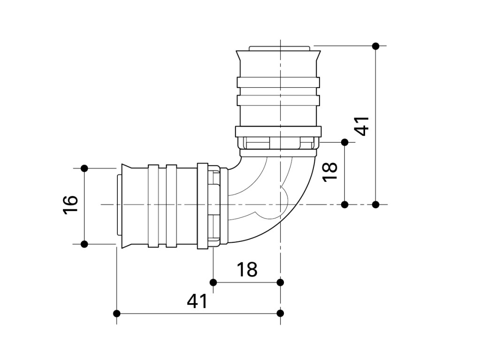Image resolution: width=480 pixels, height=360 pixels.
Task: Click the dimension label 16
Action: (x=70, y=204)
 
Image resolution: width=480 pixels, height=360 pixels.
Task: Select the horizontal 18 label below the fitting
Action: (x=246, y=270)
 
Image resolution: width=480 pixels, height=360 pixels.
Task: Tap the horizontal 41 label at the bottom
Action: (x=197, y=301)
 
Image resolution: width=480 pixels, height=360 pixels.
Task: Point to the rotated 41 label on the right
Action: (x=362, y=126)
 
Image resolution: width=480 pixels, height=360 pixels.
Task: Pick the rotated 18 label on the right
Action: (x=331, y=172)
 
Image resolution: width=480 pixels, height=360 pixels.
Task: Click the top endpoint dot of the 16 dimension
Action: (x=84, y=168)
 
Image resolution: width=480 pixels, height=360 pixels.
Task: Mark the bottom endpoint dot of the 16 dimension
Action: (x=84, y=244)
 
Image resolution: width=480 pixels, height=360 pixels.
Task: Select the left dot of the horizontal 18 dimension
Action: (x=213, y=282)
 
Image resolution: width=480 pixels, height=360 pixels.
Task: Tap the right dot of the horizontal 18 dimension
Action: (x=280, y=282)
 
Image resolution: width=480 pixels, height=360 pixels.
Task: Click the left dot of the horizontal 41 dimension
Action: (x=117, y=313)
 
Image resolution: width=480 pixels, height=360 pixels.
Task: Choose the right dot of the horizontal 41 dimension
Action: (x=280, y=313)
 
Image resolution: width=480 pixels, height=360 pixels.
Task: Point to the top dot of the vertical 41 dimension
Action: (x=375, y=46)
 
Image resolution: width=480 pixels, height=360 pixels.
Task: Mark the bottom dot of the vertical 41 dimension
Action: (x=375, y=204)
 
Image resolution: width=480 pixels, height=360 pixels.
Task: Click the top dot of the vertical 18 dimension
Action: (x=345, y=142)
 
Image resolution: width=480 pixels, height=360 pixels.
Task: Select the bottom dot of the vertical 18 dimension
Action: (x=345, y=204)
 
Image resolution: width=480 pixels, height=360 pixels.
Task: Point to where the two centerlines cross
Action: (x=280, y=204)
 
